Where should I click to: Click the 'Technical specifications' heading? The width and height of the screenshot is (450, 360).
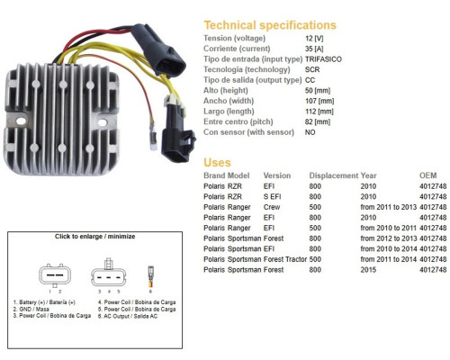pyautogui.click(x=270, y=25)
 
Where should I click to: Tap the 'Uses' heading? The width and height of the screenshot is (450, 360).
pyautogui.click(x=217, y=163)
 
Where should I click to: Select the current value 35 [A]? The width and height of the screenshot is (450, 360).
pyautogui.click(x=314, y=49)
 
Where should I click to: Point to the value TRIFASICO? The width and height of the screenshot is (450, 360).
pyautogui.click(x=323, y=59)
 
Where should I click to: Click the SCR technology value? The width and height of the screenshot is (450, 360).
pyautogui.click(x=312, y=69)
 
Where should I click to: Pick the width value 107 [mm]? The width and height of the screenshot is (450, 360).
pyautogui.click(x=319, y=101)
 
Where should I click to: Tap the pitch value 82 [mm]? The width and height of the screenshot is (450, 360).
pyautogui.click(x=318, y=121)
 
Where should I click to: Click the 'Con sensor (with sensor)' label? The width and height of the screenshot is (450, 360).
pyautogui.click(x=248, y=132)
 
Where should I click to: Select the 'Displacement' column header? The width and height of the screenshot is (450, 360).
pyautogui.click(x=334, y=175)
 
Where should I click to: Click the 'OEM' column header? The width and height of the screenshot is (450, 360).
pyautogui.click(x=427, y=175)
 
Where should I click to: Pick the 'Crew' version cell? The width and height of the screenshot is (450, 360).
pyautogui.click(x=272, y=207)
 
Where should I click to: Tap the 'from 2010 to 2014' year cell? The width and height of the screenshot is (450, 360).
pyautogui.click(x=388, y=248)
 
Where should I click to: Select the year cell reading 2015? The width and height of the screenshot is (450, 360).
pyautogui.click(x=368, y=270)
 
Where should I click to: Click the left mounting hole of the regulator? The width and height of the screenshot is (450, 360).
pyautogui.click(x=21, y=121)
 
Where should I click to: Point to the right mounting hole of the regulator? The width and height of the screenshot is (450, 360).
pyautogui.click(x=103, y=122)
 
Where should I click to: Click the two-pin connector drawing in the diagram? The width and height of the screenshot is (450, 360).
pyautogui.click(x=55, y=275)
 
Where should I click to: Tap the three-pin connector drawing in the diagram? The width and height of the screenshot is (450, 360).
pyautogui.click(x=109, y=273)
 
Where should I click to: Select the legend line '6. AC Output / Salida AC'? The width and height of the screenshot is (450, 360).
pyautogui.click(x=128, y=316)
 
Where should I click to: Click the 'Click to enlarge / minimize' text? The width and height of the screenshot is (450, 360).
pyautogui.click(x=94, y=237)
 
